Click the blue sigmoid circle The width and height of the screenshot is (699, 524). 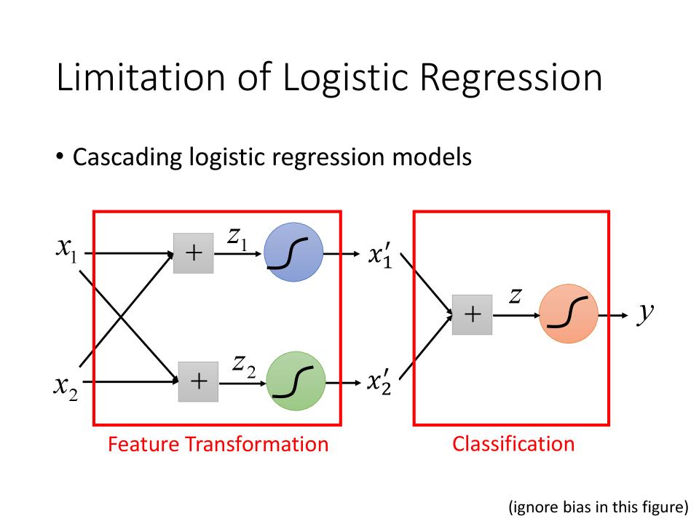291,253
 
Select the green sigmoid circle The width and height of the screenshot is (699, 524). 295,381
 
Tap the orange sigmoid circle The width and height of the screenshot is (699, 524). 569,314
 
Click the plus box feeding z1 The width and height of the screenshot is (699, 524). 194,253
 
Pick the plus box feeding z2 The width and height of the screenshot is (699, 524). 198,381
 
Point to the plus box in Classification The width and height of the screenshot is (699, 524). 472,314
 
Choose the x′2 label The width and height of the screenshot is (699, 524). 380,383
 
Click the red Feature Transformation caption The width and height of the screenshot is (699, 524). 218,444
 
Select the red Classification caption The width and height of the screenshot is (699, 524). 513,443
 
